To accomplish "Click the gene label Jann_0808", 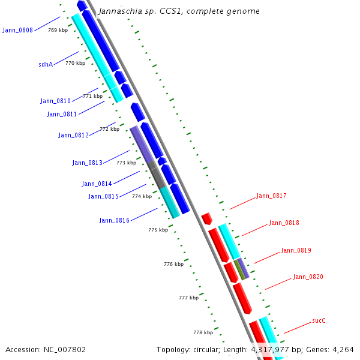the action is (17, 30).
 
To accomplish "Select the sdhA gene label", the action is (46, 64).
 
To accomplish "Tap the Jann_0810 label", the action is (55, 101).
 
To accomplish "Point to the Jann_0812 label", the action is (73, 135).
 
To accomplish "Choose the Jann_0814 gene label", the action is (97, 184).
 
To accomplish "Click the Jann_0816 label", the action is (114, 220).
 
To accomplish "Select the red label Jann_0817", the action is (271, 196).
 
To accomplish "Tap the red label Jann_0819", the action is (296, 250).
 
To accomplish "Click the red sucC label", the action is (319, 320).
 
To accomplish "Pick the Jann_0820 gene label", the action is (308, 277).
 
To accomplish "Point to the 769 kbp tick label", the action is (58, 30).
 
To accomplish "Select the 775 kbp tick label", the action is (158, 230).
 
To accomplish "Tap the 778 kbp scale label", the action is (203, 332).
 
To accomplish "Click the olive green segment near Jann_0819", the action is (239, 269).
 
